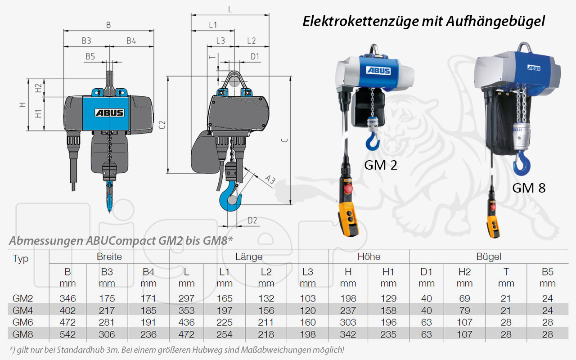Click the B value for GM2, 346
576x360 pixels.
pos(67,298)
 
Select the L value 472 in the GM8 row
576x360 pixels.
pos(186,334)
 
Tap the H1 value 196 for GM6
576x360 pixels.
pos(388,322)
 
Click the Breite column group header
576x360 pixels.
pos(109,257)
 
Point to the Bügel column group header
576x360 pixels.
pos(489,257)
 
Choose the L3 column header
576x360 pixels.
pos(307,272)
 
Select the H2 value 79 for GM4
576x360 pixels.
pos(464,310)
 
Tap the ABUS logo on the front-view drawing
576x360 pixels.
pos(109,112)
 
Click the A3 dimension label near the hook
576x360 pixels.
pos(270,180)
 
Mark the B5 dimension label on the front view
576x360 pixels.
pos(90,57)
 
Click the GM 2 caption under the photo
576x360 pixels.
pos(380,165)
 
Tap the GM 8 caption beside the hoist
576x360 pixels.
pos(528,188)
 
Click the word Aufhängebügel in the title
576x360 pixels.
pos(495,21)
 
